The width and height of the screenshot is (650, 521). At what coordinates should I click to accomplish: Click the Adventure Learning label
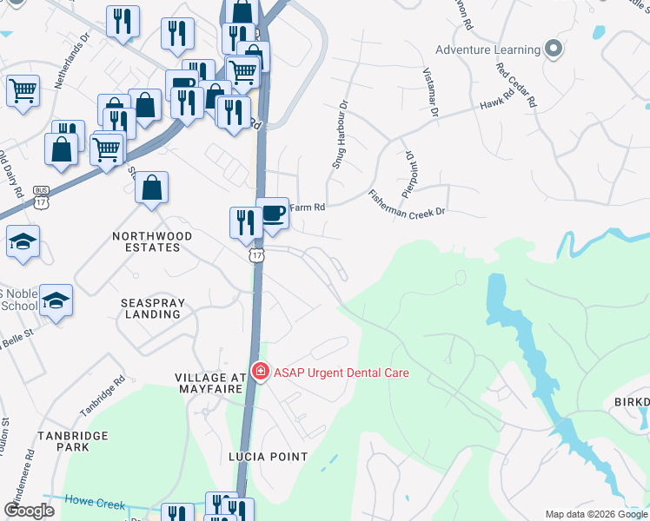487,49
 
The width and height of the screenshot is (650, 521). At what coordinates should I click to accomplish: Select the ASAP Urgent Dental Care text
341,373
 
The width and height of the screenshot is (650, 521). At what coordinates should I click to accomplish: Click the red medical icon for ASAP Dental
259,372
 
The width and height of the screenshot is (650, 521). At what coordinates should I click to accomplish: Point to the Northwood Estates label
146,241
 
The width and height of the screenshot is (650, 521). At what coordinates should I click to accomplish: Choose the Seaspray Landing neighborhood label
152,307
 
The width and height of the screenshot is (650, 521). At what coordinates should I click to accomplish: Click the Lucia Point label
269,456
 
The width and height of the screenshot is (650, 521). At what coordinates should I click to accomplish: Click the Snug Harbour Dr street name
339,134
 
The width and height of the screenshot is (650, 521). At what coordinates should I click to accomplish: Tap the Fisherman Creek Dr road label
406,204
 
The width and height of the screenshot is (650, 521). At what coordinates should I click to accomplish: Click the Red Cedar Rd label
517,84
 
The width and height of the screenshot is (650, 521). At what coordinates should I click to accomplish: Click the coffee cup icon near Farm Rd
272,213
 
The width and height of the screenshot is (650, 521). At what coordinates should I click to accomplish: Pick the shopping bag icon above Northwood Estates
151,188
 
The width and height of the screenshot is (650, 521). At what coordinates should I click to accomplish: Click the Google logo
29,511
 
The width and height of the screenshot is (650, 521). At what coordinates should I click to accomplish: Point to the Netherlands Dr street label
72,63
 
